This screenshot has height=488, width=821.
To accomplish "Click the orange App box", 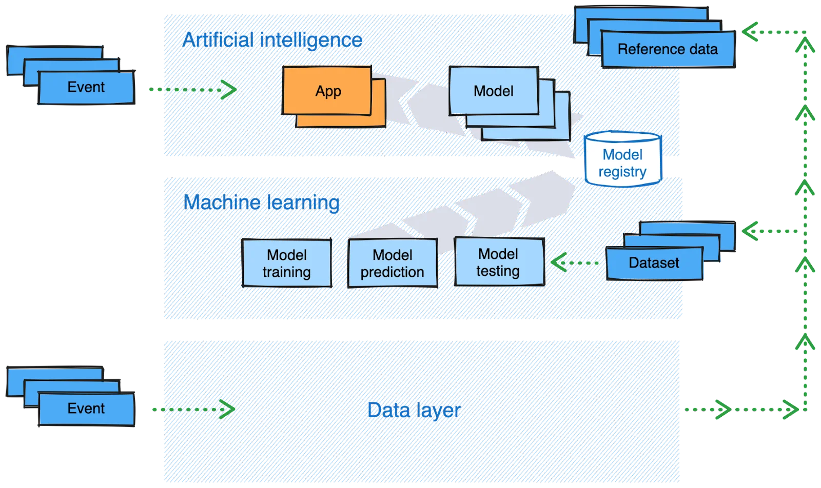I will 327,91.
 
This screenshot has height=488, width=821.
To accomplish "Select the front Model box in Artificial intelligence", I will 493,91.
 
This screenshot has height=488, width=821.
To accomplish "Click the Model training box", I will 286,263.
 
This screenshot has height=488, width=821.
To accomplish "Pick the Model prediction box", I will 393,263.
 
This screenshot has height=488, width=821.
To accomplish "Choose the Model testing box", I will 498,262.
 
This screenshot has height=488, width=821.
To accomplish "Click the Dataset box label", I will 654,263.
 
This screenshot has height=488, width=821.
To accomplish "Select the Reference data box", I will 667,49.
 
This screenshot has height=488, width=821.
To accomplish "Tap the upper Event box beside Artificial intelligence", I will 86,87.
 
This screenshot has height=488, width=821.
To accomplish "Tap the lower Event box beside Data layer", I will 86,409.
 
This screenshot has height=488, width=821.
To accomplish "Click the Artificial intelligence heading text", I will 272,39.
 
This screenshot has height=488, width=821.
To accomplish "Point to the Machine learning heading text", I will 262,202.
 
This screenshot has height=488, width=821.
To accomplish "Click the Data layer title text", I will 414,410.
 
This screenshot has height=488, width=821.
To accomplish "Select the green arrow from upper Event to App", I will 192,90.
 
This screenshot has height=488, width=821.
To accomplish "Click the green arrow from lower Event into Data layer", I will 194,409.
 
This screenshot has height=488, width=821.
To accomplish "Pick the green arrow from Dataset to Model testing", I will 575,263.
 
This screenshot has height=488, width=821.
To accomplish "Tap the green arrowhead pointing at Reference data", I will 750,32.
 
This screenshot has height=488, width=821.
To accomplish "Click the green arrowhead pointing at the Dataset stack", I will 750,231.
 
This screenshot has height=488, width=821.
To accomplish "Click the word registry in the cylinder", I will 622,172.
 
